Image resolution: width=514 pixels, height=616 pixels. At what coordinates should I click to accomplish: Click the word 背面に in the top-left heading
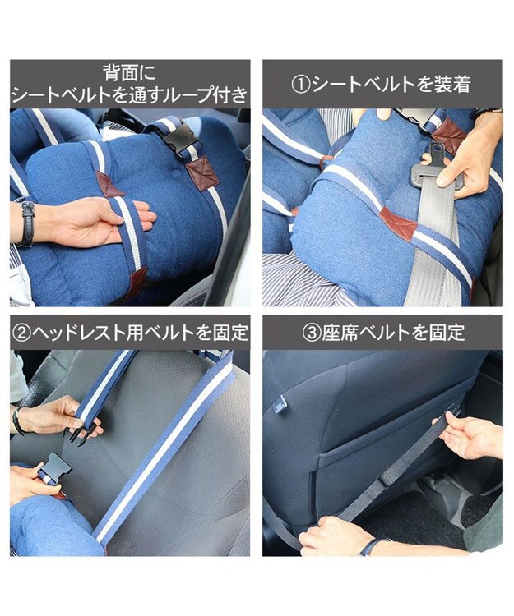coord(129,72)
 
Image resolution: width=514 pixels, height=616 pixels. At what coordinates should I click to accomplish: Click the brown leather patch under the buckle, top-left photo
coord(202,173)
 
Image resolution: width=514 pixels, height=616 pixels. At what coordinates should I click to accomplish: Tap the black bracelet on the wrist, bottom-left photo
coord(17,421)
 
